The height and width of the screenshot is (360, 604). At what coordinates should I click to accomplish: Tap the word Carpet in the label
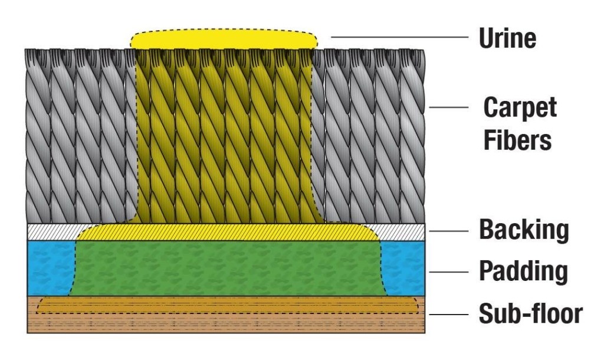tap(520, 109)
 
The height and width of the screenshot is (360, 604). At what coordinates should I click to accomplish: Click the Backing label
tap(524, 230)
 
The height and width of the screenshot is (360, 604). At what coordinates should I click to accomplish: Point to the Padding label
tap(523, 272)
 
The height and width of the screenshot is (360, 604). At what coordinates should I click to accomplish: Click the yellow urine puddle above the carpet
tap(223, 40)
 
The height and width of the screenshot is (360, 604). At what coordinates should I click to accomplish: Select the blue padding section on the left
tap(50, 268)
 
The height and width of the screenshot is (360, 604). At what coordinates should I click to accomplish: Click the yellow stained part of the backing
tap(227, 232)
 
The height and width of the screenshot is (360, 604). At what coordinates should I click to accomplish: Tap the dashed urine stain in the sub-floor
tap(227, 305)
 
